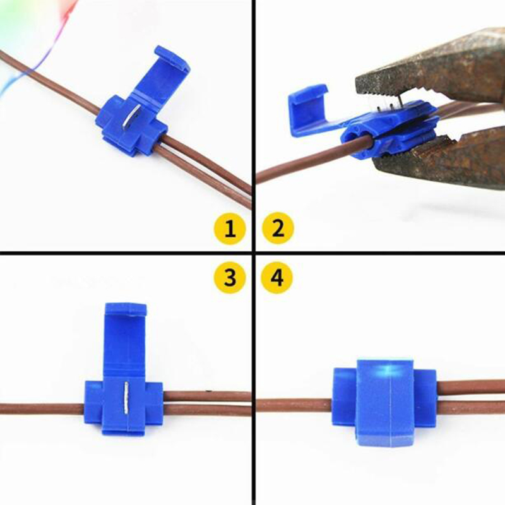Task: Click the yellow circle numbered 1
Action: point(230,229)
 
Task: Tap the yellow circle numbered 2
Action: point(278,228)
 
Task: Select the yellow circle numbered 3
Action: point(230,277)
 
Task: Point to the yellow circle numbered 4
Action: point(277,277)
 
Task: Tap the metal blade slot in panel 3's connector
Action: point(126,398)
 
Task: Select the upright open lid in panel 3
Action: point(126,338)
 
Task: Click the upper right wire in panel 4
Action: point(471,386)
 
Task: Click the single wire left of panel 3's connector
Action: point(42,409)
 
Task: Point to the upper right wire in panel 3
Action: point(207,396)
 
